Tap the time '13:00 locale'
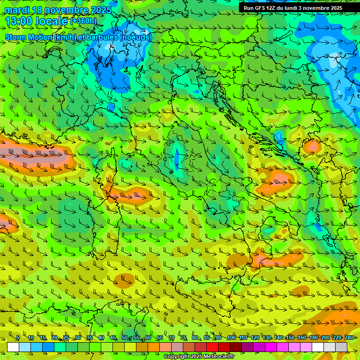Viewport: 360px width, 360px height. (36, 21)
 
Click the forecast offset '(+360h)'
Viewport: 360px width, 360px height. (83, 21)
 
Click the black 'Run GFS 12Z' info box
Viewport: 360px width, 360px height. (299, 8)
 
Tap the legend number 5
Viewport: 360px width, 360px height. (18, 338)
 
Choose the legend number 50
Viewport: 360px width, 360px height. (124, 338)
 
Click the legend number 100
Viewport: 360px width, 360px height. (231, 338)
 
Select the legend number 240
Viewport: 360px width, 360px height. (349, 338)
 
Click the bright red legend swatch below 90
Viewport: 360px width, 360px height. (212, 347)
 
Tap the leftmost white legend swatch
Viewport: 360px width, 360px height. (13, 347)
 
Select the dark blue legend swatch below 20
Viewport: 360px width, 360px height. (48, 347)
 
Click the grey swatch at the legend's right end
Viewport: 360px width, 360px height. (341, 347)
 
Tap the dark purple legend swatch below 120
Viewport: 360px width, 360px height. (247, 347)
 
